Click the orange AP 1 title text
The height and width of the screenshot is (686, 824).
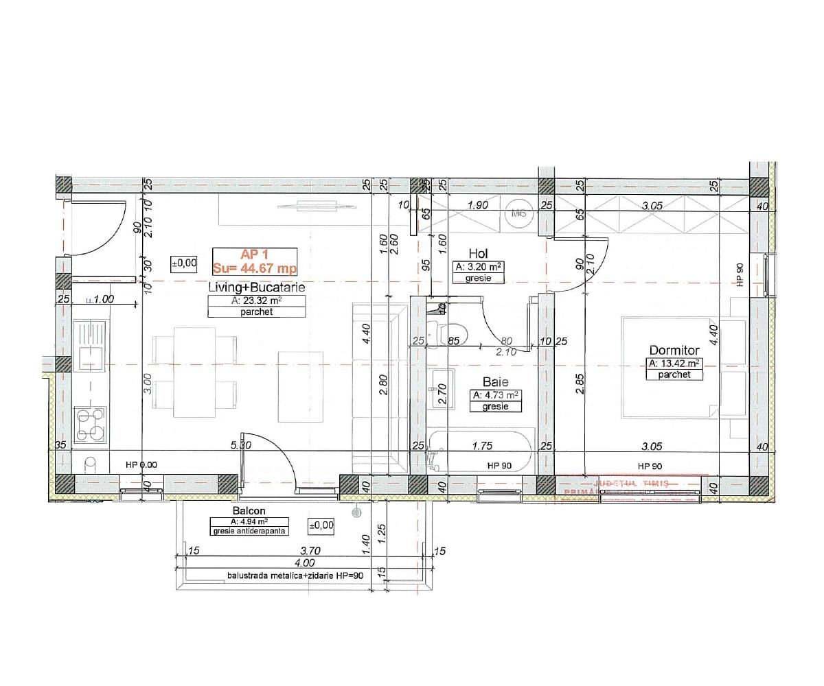(x=254, y=253)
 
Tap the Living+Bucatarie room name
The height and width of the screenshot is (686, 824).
(x=257, y=287)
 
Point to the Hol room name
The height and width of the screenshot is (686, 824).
(x=479, y=254)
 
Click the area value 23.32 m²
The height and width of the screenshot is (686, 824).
(x=257, y=300)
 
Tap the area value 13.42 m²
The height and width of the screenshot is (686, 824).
(x=674, y=363)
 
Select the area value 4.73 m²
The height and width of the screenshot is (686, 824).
(x=495, y=394)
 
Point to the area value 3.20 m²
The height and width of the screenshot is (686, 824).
(x=479, y=266)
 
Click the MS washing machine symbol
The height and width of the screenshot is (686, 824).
(x=520, y=213)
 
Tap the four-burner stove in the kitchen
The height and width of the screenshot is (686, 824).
(x=91, y=424)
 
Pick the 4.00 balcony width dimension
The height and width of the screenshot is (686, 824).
(x=308, y=563)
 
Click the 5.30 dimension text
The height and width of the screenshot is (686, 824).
(x=241, y=446)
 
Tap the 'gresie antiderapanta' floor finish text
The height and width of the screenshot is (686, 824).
(x=250, y=531)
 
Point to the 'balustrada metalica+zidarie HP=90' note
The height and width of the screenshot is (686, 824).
(x=295, y=576)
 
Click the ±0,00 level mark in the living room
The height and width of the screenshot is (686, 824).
(x=185, y=262)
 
